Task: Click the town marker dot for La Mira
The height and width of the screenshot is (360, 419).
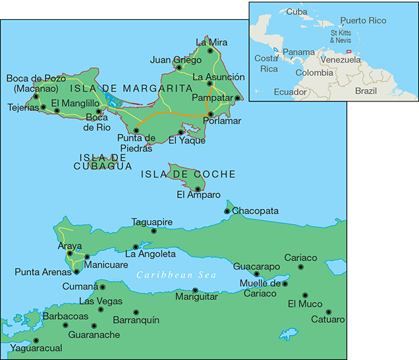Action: [210, 50]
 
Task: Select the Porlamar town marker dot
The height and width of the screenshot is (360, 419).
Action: [210, 114]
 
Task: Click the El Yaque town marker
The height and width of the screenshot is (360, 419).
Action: [181, 132]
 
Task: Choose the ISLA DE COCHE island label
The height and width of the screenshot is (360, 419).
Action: [188, 174]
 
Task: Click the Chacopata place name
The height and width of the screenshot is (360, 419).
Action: [256, 211]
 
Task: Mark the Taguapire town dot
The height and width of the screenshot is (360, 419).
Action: [154, 231]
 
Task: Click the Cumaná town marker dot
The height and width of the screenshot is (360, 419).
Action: [102, 287]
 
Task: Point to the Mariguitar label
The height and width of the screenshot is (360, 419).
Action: [196, 298]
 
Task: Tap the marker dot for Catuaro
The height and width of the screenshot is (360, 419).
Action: [328, 312]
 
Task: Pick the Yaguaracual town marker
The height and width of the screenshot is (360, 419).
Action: [36, 341]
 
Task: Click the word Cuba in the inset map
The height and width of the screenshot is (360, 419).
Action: [296, 12]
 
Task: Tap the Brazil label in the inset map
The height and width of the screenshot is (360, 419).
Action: [366, 90]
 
